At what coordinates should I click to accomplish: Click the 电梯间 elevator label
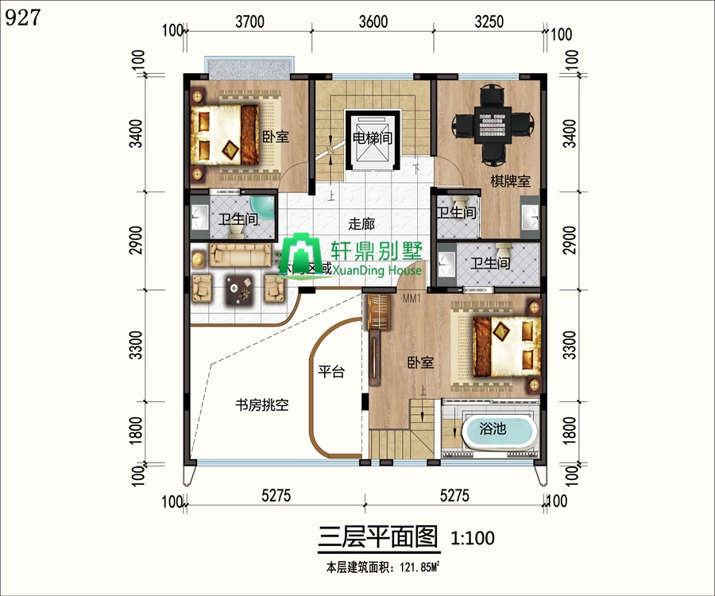click(372, 137)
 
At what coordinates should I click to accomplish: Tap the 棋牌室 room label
click(509, 182)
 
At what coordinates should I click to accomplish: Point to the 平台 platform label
click(331, 371)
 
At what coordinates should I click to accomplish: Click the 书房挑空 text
click(261, 404)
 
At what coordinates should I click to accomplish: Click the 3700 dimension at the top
click(249, 22)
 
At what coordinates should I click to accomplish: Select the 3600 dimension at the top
click(373, 22)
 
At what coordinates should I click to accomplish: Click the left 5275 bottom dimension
click(276, 496)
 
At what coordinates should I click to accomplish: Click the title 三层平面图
click(378, 538)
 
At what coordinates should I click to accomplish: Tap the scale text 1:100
click(473, 539)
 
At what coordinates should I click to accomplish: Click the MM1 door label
click(411, 299)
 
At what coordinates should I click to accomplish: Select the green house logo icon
click(299, 255)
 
